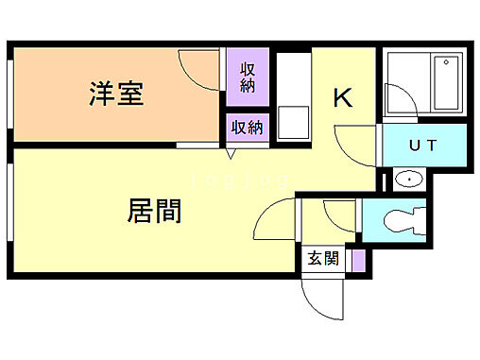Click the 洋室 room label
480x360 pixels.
pyautogui.click(x=116, y=94)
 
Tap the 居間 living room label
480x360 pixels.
pyautogui.click(x=154, y=210)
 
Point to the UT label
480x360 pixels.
pyautogui.click(x=422, y=146)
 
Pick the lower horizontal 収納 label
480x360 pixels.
pyautogui.click(x=249, y=128)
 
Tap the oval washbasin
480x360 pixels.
pyautogui.click(x=410, y=180)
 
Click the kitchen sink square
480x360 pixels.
pyautogui.click(x=295, y=123)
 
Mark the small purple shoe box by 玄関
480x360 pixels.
pyautogui.click(x=357, y=259)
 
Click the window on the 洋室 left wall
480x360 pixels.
pyautogui.click(x=11, y=94)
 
